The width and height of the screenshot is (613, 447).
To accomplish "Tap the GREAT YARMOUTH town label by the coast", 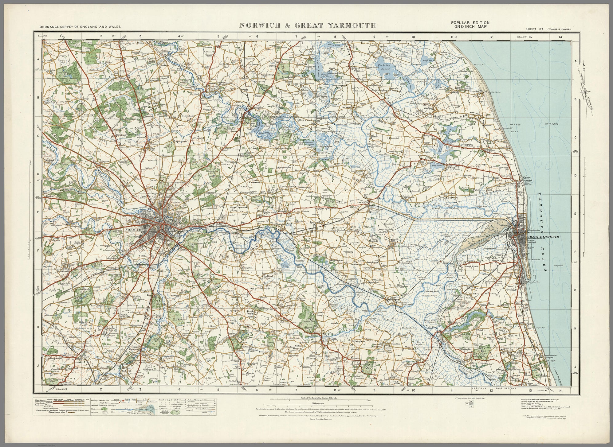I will coord(542,237).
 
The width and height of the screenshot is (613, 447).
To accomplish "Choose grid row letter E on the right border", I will coord(575,213).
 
